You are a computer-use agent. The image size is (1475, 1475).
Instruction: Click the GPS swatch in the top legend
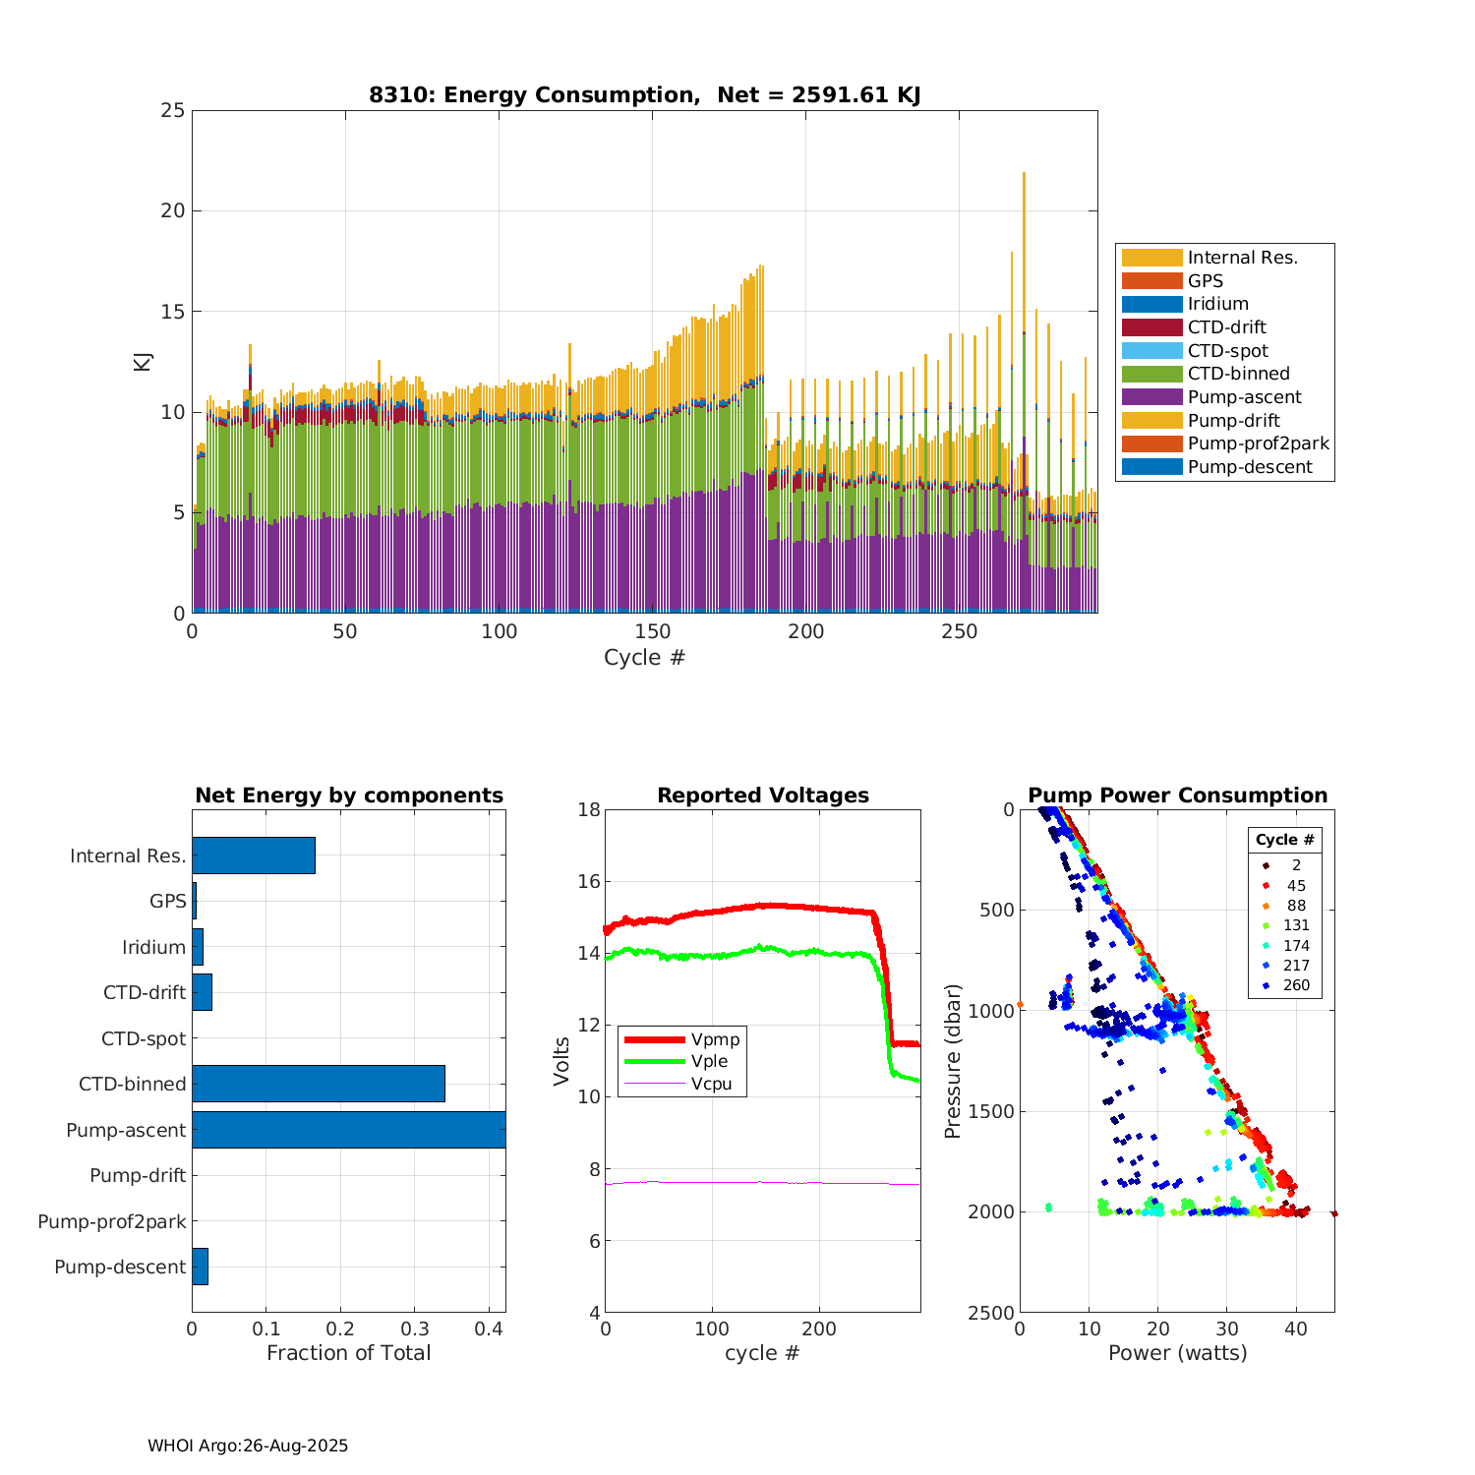click(x=1151, y=281)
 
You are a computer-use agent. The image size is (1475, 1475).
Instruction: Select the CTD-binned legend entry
click(x=1238, y=374)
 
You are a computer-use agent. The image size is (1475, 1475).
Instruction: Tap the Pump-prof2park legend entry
click(x=1258, y=443)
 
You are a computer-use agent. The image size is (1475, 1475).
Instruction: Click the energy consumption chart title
click(x=644, y=95)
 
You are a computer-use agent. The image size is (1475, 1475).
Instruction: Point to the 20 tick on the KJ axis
click(x=173, y=210)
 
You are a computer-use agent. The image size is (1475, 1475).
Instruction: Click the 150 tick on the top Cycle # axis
click(x=652, y=632)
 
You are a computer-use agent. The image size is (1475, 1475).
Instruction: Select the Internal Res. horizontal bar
click(x=254, y=855)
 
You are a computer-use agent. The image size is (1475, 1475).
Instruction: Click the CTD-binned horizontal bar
click(x=319, y=1084)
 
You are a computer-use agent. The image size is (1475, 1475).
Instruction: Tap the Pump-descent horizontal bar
click(x=200, y=1267)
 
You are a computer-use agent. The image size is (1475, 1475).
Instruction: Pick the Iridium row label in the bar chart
click(x=153, y=947)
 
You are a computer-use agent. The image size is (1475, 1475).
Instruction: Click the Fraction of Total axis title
click(x=348, y=1353)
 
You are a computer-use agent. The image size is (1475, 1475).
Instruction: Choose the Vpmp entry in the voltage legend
click(x=715, y=1039)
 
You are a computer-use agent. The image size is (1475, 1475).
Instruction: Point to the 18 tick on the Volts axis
click(x=589, y=809)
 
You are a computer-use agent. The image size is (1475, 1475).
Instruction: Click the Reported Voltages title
click(x=763, y=796)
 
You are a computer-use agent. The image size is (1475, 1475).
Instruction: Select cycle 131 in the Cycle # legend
click(x=1296, y=925)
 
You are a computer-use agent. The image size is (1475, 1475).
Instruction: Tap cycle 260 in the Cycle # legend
click(x=1296, y=985)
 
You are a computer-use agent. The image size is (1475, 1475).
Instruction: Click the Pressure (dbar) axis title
click(x=952, y=1061)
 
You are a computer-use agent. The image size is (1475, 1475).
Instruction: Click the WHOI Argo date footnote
click(x=248, y=1445)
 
